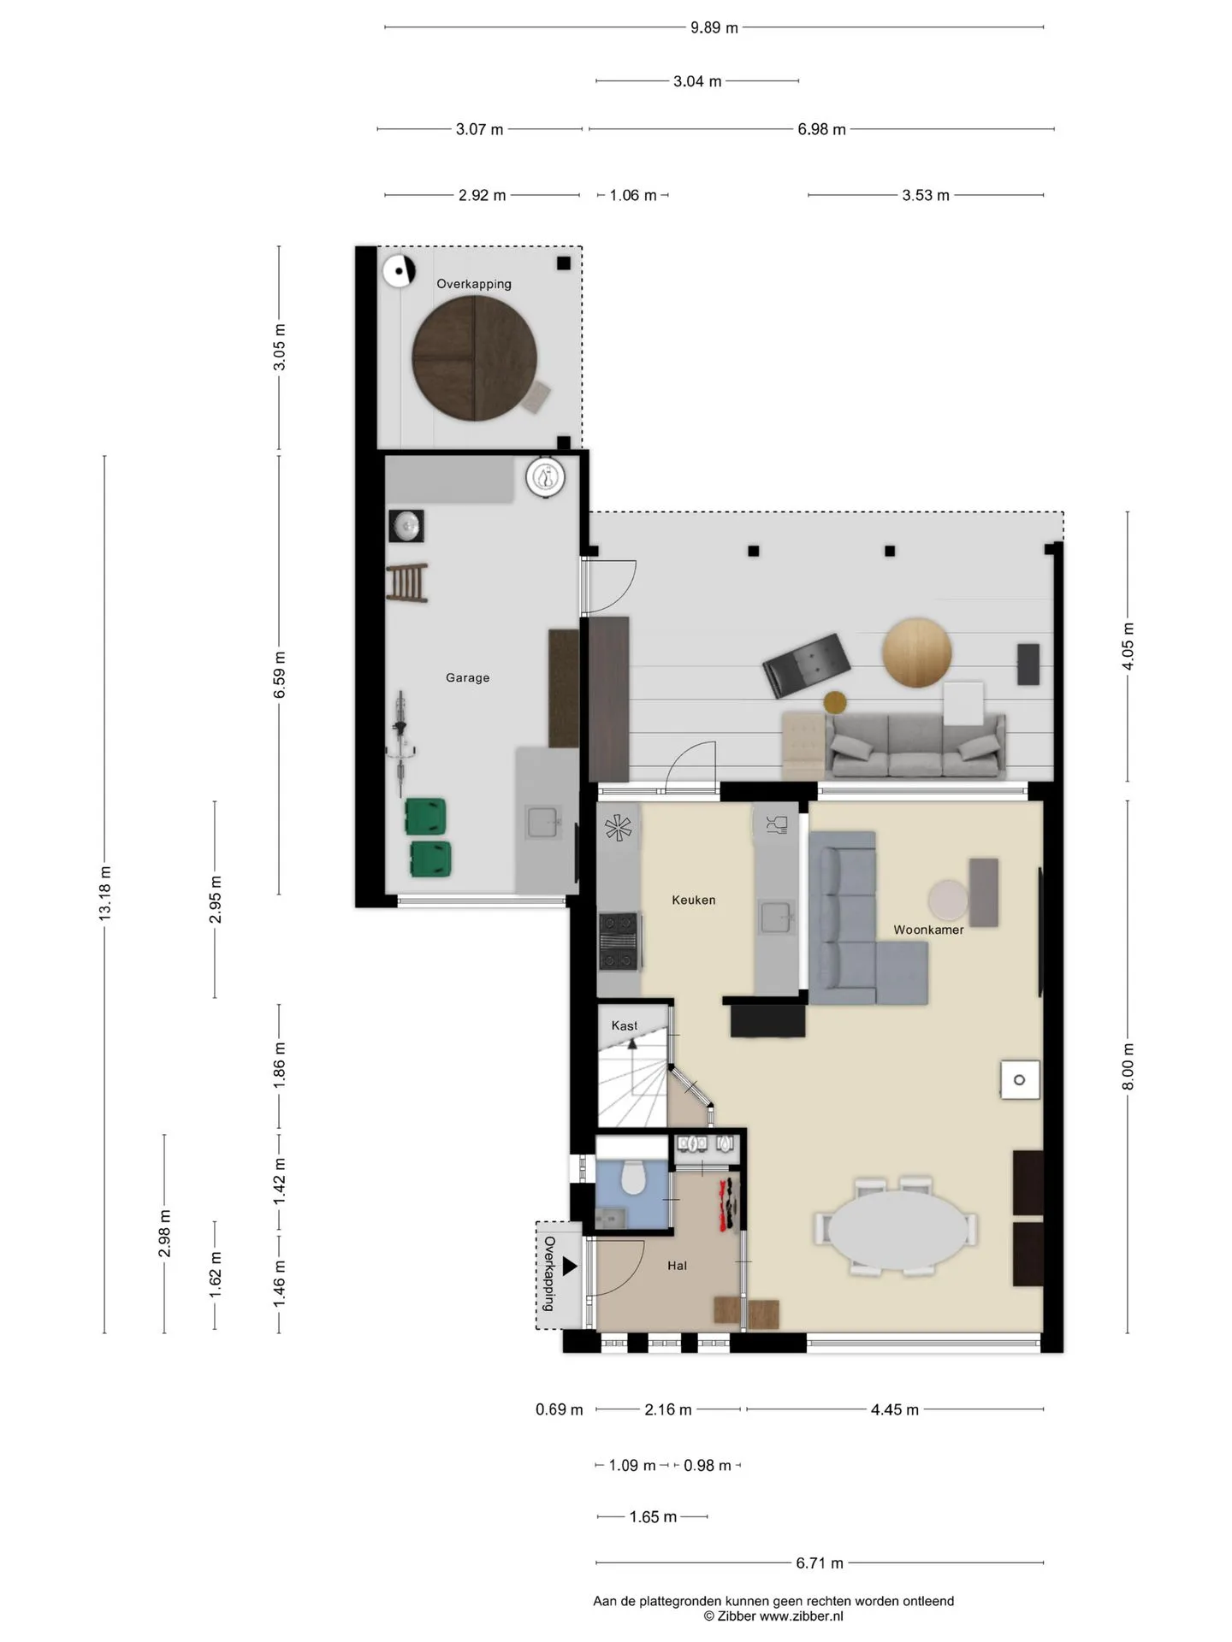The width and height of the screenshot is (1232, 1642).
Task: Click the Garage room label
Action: (x=467, y=677)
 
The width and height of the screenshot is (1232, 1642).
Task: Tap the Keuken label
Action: (x=693, y=900)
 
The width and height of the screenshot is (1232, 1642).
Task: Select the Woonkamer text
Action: (x=928, y=930)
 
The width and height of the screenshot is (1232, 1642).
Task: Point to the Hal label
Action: (x=677, y=1266)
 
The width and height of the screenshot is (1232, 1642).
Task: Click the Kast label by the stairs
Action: (x=625, y=1025)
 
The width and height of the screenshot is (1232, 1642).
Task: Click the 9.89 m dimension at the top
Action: (x=714, y=27)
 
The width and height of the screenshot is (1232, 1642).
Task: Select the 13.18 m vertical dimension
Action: (x=104, y=893)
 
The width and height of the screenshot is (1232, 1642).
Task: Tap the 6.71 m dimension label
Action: (x=820, y=1563)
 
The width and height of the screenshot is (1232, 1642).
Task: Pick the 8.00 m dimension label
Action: (x=1128, y=1066)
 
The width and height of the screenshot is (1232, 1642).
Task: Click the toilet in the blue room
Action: (x=632, y=1178)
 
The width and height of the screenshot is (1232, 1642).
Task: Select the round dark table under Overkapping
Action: (x=475, y=358)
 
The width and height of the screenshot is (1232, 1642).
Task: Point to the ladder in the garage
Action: (x=407, y=583)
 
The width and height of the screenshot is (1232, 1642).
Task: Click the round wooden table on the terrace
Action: (x=917, y=653)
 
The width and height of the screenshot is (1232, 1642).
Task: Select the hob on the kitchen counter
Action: (x=619, y=942)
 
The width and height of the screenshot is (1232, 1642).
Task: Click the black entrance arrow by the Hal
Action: (x=570, y=1267)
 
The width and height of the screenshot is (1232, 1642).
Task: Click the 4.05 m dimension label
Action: (x=1128, y=647)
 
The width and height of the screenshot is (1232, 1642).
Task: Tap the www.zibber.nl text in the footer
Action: (x=802, y=1615)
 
